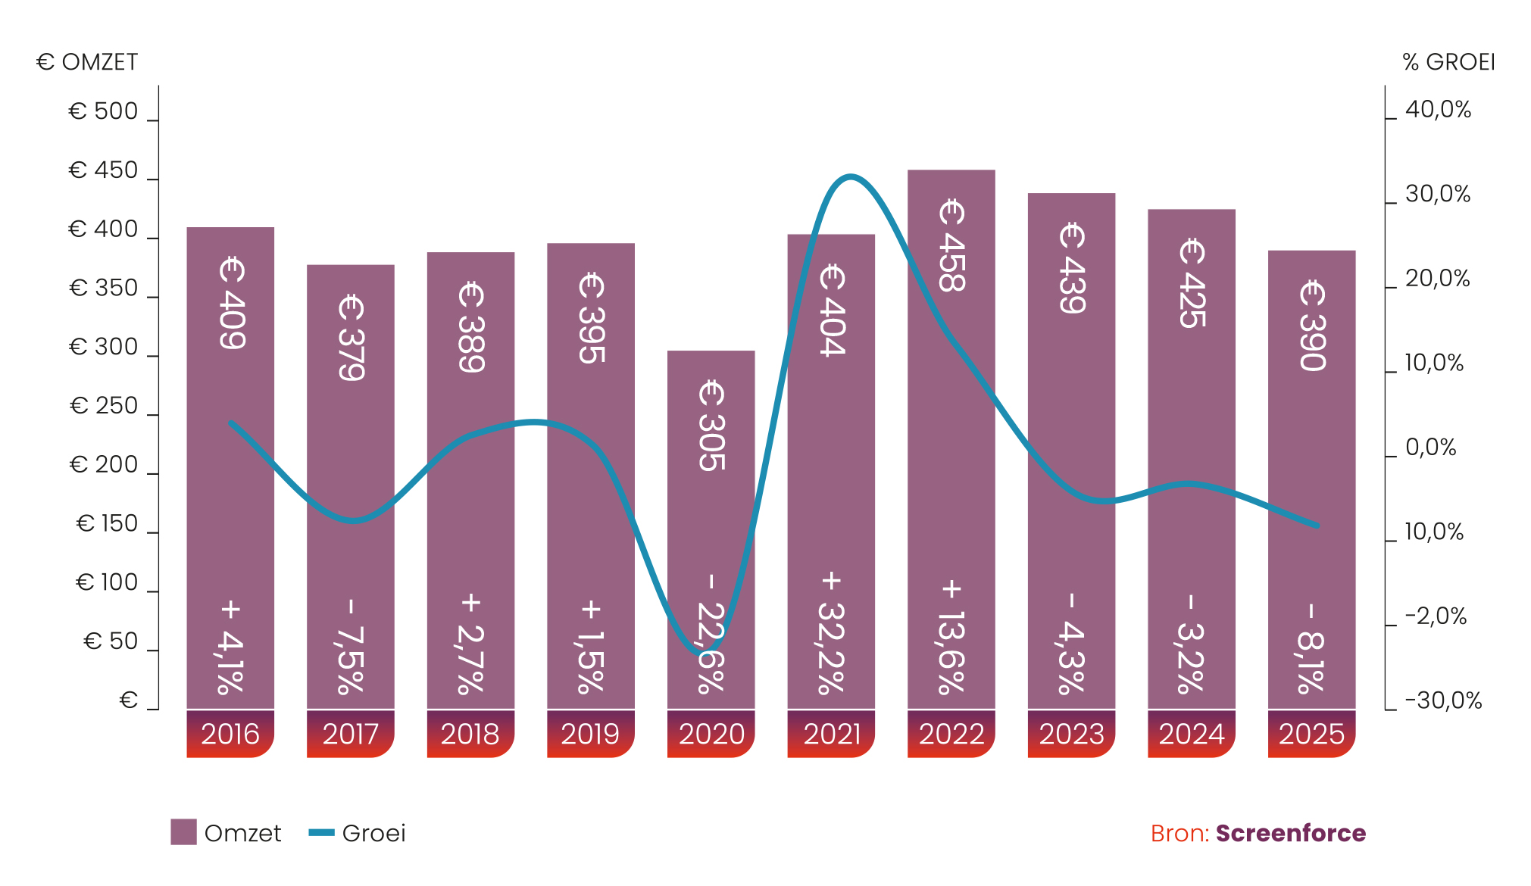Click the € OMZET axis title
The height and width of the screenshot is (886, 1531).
[86, 62]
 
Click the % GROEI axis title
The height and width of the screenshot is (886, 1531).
[1448, 62]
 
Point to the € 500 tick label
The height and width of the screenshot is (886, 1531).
[104, 111]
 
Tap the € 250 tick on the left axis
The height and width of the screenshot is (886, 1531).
[104, 406]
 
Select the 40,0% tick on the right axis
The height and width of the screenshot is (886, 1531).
[1438, 110]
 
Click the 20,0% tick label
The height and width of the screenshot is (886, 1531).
[1437, 279]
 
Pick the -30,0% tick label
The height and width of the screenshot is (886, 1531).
[1443, 700]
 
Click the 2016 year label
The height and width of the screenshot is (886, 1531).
[230, 734]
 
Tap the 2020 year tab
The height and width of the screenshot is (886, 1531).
[711, 734]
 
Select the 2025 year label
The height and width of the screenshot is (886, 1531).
[1311, 734]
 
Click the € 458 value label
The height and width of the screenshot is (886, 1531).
[951, 245]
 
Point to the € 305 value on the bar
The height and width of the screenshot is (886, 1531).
[711, 426]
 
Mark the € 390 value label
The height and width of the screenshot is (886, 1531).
[1312, 326]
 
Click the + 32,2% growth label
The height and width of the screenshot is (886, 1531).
[831, 633]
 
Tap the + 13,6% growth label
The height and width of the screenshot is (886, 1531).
[951, 637]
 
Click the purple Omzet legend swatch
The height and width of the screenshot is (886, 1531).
[183, 832]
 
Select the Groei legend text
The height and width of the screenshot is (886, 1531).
[373, 833]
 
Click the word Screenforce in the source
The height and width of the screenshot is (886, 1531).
[1291, 833]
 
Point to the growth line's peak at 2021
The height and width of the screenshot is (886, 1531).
[851, 177]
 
